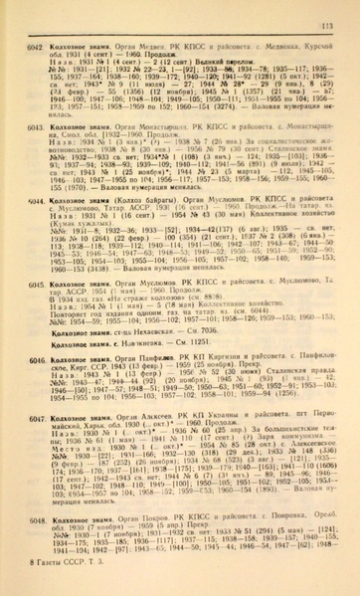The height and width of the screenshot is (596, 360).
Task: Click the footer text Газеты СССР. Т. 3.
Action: [x=45, y=588]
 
